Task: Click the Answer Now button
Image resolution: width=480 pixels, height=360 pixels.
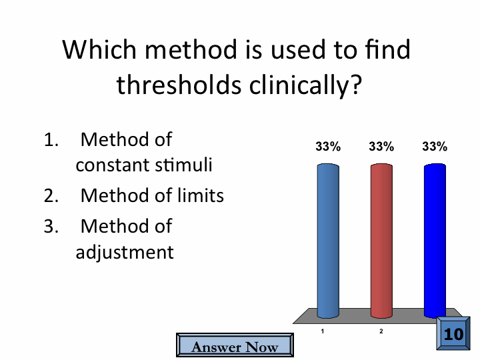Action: point(235,345)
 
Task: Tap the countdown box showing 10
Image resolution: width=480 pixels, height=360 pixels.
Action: point(453,333)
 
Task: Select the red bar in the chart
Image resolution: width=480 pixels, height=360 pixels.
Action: point(381,241)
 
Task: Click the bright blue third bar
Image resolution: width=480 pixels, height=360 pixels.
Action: point(435,241)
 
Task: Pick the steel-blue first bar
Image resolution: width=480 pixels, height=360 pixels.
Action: point(328,241)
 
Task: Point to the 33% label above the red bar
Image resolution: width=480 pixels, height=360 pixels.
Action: point(381,147)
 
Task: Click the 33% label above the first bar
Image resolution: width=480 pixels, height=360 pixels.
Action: point(328,147)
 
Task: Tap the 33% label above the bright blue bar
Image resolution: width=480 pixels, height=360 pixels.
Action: point(435,147)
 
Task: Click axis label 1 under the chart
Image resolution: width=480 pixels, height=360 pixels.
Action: point(323,331)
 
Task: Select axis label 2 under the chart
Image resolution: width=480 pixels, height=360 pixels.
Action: point(381,331)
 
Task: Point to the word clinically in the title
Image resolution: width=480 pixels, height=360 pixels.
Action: point(306,86)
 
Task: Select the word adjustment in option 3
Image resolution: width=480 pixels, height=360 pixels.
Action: point(125,253)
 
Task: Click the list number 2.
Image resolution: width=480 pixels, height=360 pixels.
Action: point(51,196)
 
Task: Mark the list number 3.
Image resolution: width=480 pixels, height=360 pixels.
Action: point(51,227)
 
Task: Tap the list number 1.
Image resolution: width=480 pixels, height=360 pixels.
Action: point(51,140)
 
